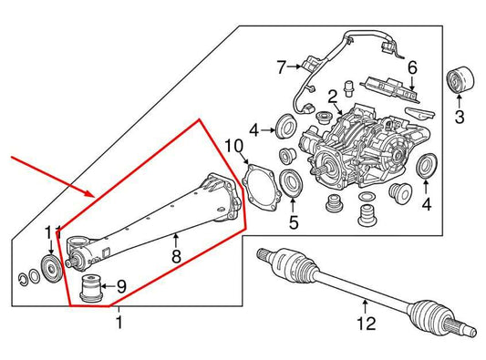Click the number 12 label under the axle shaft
click(x=365, y=323)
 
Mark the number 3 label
click(x=459, y=116)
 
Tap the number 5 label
click(x=293, y=221)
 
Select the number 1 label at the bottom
click(x=118, y=323)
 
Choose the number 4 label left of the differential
click(x=254, y=129)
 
